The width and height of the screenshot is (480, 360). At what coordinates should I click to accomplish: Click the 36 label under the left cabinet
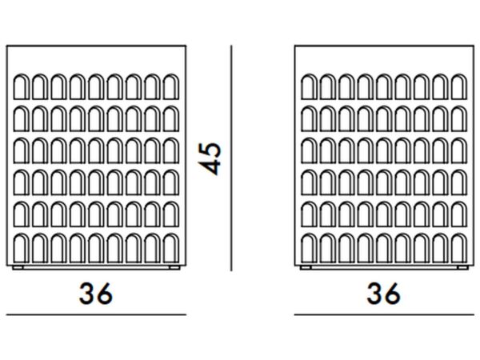pyautogui.click(x=96, y=294)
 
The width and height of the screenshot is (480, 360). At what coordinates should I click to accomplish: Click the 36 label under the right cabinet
pyautogui.click(x=383, y=294)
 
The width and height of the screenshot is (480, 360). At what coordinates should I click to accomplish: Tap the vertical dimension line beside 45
pyautogui.click(x=231, y=158)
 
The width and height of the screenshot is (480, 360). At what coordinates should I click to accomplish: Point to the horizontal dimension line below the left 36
pyautogui.click(x=96, y=314)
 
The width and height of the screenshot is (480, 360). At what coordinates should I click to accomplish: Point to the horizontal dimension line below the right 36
pyautogui.click(x=384, y=314)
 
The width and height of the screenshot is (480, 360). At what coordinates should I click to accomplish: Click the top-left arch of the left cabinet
pyautogui.click(x=21, y=86)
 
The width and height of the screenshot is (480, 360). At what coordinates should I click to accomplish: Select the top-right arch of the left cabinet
pyautogui.click(x=171, y=86)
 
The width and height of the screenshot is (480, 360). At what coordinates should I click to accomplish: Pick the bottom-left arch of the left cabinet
pyautogui.click(x=21, y=248)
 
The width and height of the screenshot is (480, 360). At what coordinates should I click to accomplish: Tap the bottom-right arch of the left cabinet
pyautogui.click(x=171, y=248)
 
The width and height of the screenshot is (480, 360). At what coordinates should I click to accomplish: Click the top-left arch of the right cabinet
pyautogui.click(x=309, y=86)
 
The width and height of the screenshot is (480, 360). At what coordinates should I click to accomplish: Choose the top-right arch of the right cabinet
pyautogui.click(x=459, y=86)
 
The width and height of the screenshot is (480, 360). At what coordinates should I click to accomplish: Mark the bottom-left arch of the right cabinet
pyautogui.click(x=309, y=248)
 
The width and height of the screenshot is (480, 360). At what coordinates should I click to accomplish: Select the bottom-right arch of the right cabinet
pyautogui.click(x=459, y=248)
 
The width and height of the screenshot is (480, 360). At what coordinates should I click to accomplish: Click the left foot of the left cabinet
pyautogui.click(x=18, y=267)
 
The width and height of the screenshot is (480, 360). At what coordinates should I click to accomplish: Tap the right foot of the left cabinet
pyautogui.click(x=174, y=267)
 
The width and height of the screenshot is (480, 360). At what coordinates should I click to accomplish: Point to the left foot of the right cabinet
pyautogui.click(x=306, y=267)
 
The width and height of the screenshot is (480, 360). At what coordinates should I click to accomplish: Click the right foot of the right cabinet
pyautogui.click(x=462, y=267)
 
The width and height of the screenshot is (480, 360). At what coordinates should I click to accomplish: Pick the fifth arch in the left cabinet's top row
pyautogui.click(x=96, y=86)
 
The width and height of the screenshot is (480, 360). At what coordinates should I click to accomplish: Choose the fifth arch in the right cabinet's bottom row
pyautogui.click(x=384, y=248)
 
